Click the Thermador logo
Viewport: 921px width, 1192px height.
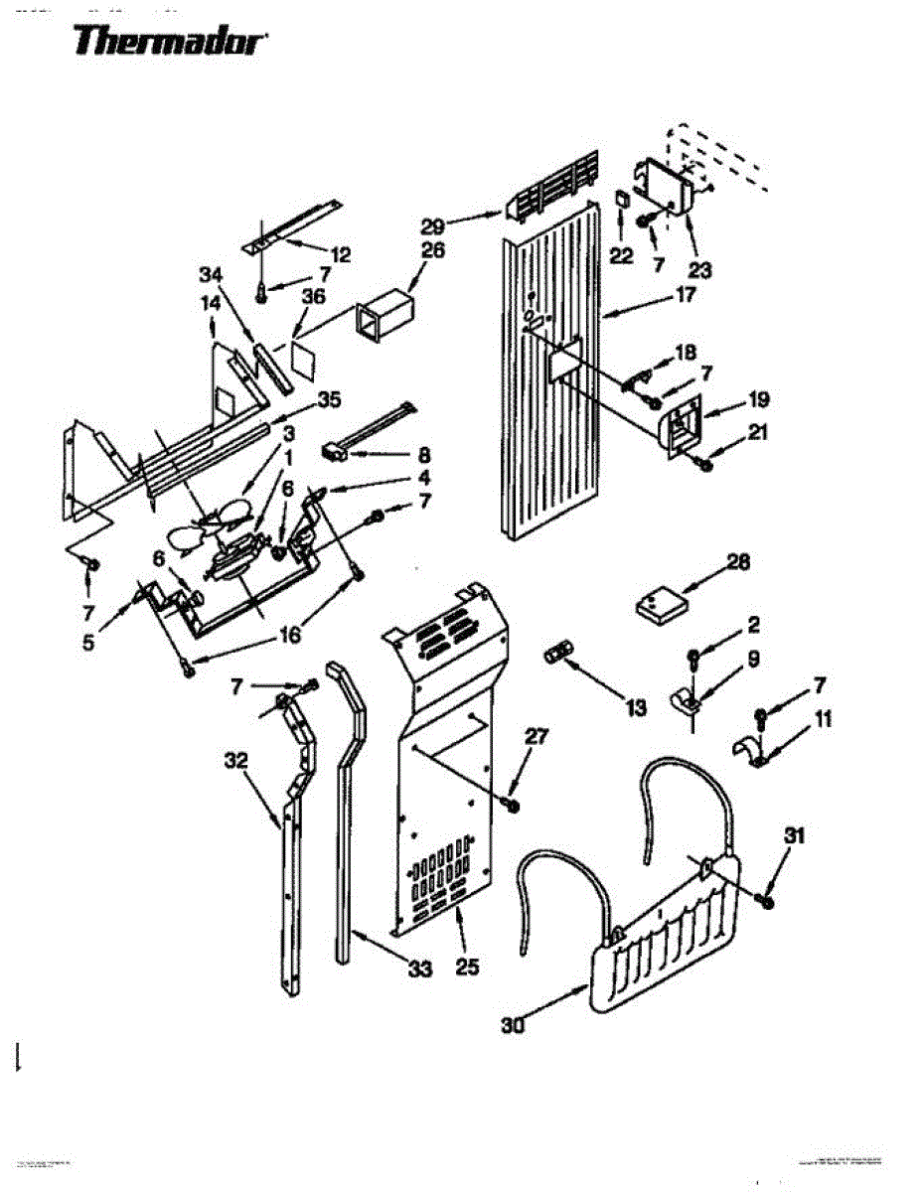pyautogui.click(x=170, y=42)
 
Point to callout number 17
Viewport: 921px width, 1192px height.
pyautogui.click(x=686, y=295)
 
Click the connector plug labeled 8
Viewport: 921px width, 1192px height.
pyautogui.click(x=334, y=453)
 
